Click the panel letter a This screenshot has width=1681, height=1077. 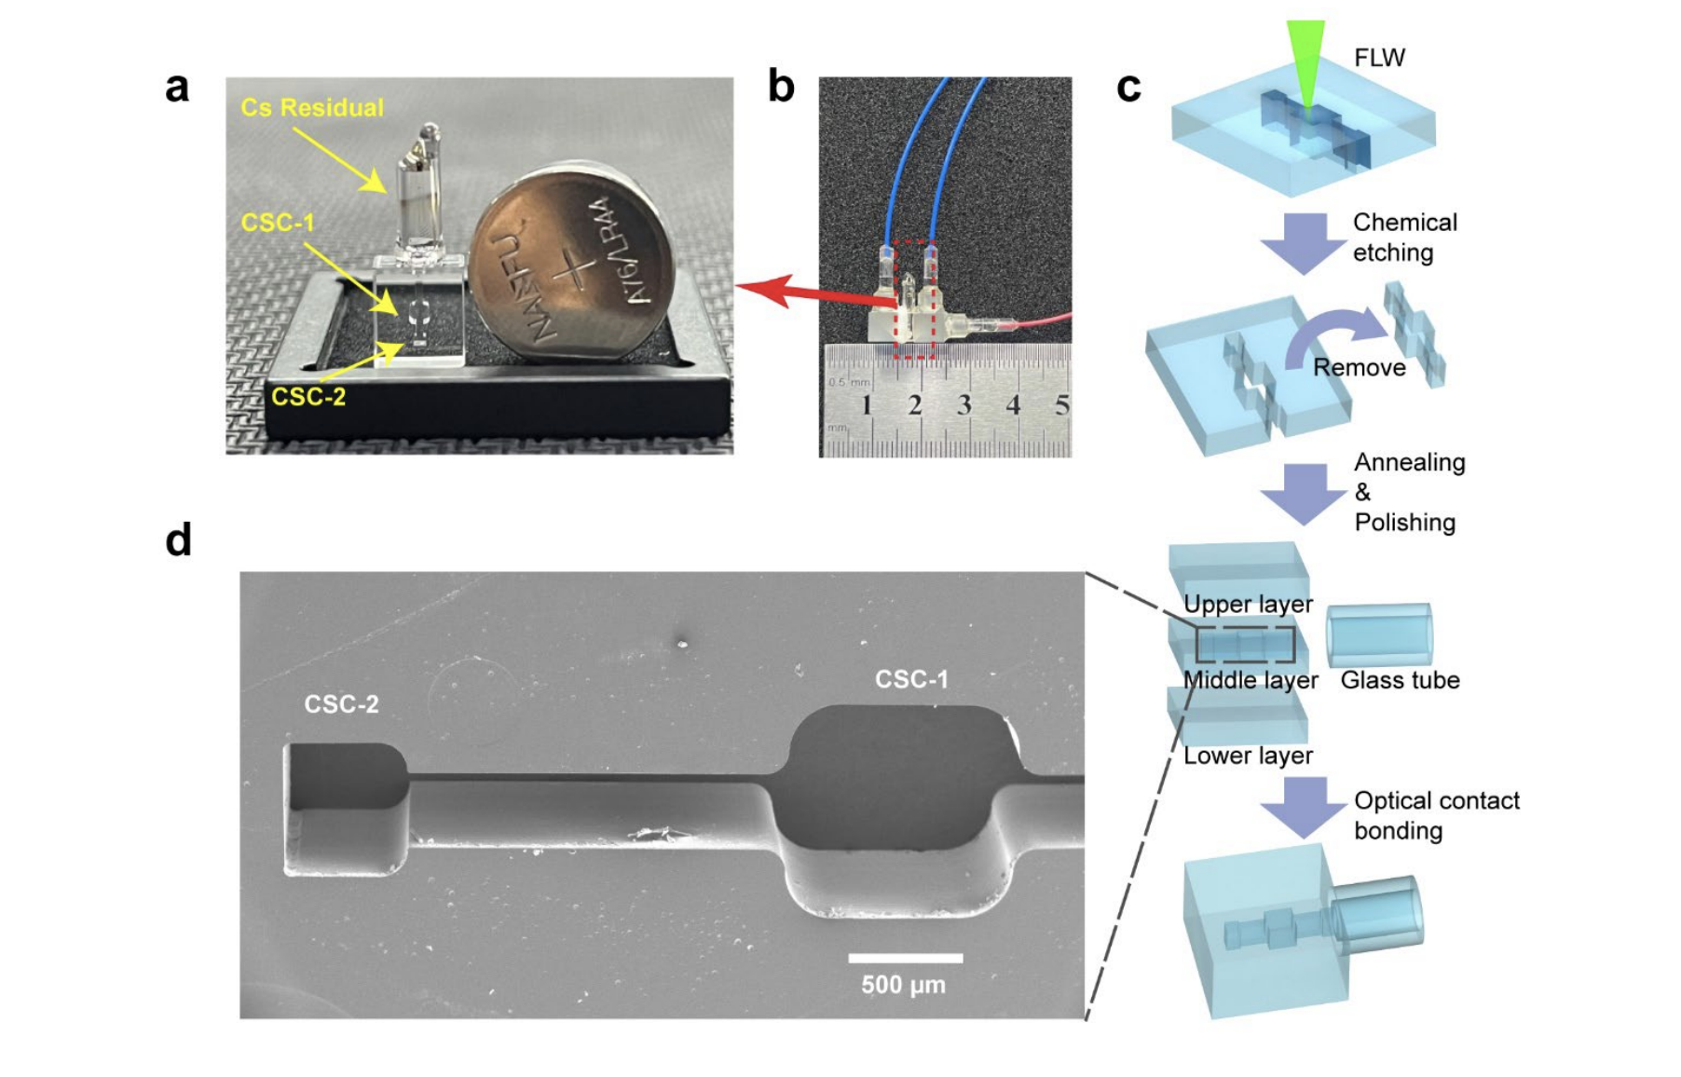click(x=177, y=89)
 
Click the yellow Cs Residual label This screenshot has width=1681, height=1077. click(x=312, y=108)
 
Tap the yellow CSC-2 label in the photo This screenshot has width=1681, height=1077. click(x=308, y=397)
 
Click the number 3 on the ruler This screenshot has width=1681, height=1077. click(x=963, y=405)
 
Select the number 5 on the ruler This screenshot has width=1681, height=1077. click(x=1060, y=405)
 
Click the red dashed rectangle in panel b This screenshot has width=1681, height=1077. click(x=914, y=298)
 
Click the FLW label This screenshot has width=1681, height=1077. click(x=1379, y=58)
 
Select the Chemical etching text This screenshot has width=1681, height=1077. click(x=1404, y=238)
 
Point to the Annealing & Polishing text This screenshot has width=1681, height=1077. click(x=1408, y=492)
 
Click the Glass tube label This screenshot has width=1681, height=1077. click(x=1400, y=681)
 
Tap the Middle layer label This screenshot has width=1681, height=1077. click(x=1250, y=681)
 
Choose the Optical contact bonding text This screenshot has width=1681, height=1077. click(x=1435, y=815)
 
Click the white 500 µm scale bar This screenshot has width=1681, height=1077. click(x=905, y=958)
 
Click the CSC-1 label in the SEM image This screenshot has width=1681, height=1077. click(x=911, y=680)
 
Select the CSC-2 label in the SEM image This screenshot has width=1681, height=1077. click(x=341, y=704)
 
